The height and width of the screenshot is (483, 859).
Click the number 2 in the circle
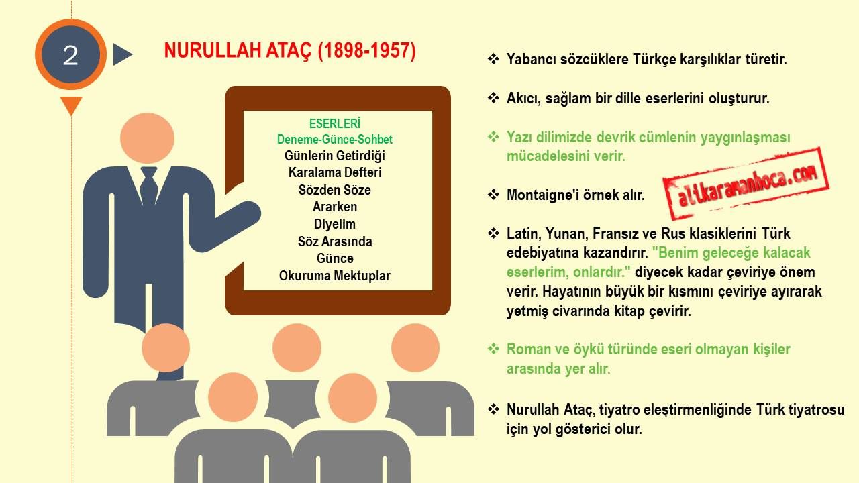click(x=70, y=56)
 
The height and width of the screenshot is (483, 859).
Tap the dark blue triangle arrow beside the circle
click(x=122, y=54)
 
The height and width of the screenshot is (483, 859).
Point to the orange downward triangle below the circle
click(x=71, y=105)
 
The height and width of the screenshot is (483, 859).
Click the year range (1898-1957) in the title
click(x=366, y=50)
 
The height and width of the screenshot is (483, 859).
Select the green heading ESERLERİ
click(x=335, y=123)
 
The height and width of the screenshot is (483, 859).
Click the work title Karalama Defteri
click(x=335, y=172)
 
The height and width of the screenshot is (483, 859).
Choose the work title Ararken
click(x=335, y=207)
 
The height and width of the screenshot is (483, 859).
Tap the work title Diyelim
click(x=335, y=224)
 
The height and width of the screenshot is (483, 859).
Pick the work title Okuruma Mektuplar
click(x=335, y=276)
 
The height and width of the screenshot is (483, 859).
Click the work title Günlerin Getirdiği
click(x=335, y=156)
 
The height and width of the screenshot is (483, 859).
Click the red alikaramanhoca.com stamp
click(x=746, y=183)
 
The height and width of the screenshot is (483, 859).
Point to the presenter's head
click(x=147, y=138)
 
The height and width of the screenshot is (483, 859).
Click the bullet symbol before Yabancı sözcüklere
click(x=493, y=58)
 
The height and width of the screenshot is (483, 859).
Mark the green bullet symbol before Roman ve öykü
click(x=493, y=348)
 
